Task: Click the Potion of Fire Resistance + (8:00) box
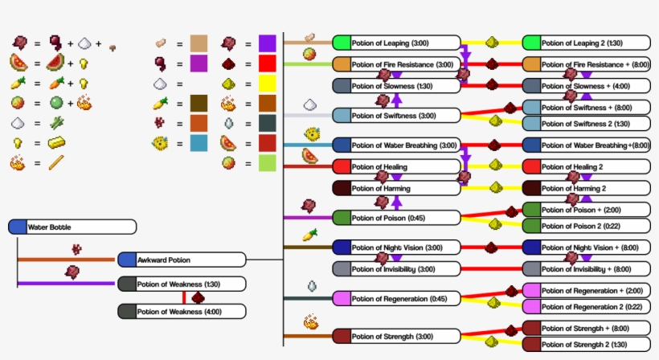point(586,64)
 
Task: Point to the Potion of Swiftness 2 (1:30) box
point(586,124)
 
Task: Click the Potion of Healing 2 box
point(586,166)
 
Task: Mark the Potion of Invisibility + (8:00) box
point(586,269)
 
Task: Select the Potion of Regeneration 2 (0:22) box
point(586,306)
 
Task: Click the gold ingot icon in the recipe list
point(56,143)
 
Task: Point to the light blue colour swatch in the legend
point(199,143)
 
